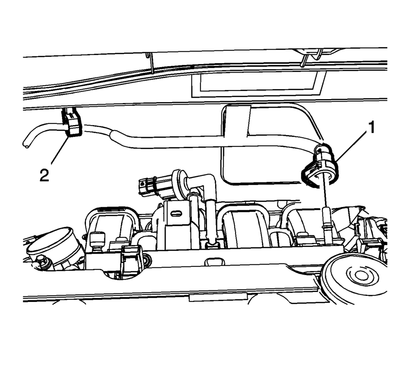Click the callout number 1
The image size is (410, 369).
pos(371,127)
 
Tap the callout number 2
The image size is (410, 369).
pos(44,175)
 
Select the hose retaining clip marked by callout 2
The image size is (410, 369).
pos(71,122)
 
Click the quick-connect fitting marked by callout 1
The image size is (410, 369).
pos(320,166)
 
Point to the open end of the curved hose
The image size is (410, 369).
pos(26,145)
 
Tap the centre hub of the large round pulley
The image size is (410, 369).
pos(361,275)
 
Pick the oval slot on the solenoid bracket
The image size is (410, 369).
pos(176,214)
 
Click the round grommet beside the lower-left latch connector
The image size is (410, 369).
pos(146,261)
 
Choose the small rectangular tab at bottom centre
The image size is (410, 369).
pos(218,297)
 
